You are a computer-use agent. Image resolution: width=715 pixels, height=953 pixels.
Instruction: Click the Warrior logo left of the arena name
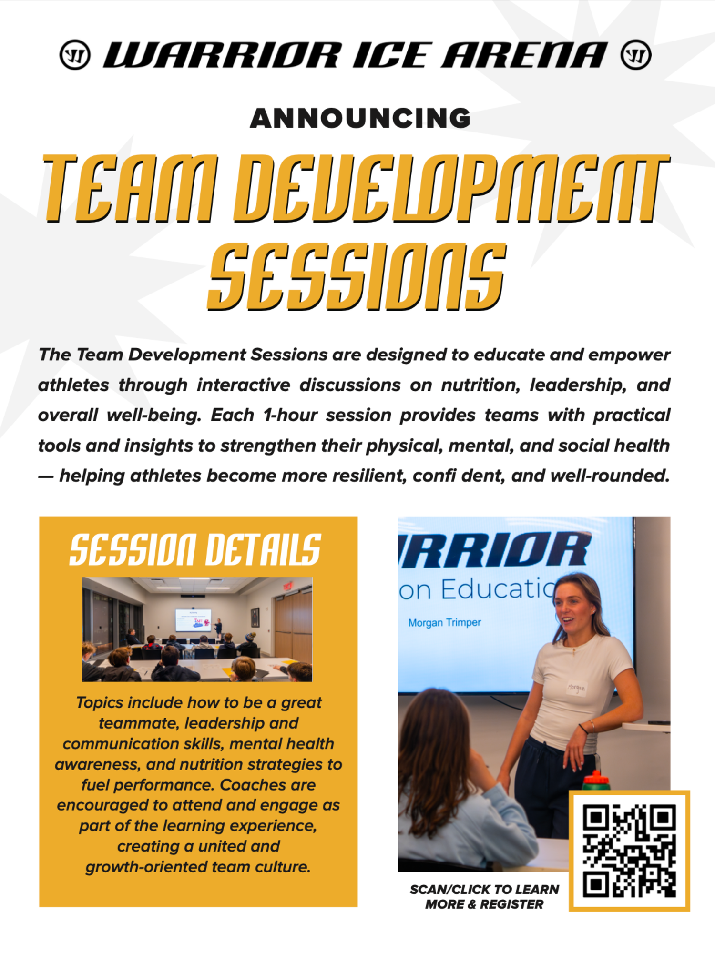point(75,55)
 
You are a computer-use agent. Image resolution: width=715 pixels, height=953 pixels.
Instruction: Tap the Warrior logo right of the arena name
point(636,55)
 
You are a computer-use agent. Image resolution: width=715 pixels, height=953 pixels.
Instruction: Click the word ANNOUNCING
point(360,118)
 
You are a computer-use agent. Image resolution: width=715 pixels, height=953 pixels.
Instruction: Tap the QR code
point(629,851)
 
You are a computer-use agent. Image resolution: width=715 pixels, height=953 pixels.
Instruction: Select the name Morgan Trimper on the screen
point(444,622)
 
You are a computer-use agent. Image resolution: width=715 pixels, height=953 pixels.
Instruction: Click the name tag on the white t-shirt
point(576,688)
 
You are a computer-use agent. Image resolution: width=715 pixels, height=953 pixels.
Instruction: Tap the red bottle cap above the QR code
point(596,780)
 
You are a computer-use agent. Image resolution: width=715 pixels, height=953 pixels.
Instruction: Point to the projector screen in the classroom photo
point(193,620)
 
